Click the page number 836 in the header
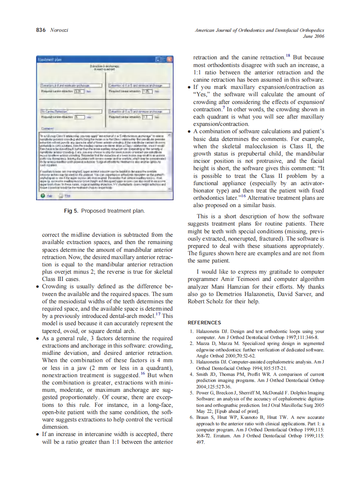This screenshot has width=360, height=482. coord(40,30)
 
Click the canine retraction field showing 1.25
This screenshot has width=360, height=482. coord(146,92)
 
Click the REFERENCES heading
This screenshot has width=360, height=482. coord(204,322)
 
